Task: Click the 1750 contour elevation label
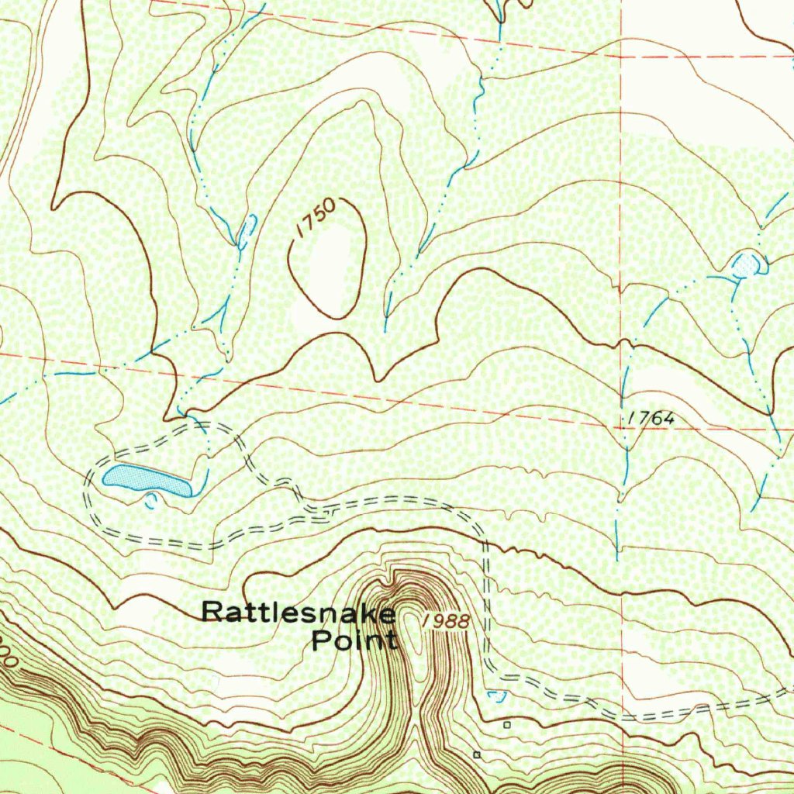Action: click(316, 218)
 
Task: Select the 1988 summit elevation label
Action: click(447, 621)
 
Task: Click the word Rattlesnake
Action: click(299, 612)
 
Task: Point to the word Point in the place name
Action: click(354, 640)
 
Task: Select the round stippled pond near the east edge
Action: click(745, 264)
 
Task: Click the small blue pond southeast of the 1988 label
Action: click(497, 695)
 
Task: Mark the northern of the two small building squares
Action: click(507, 725)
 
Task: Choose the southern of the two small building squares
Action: click(477, 754)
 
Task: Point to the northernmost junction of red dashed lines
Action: click(622, 57)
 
